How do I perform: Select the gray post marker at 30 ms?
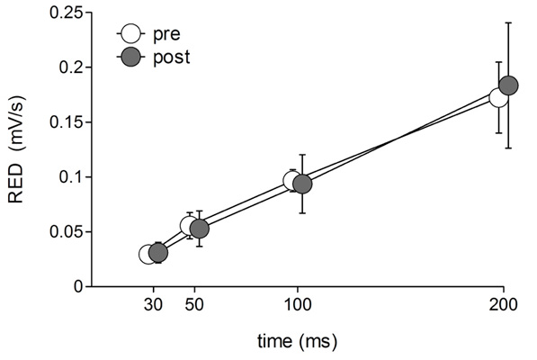(x=158, y=253)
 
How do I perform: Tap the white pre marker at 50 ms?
(x=190, y=226)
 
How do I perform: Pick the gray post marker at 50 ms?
(x=200, y=229)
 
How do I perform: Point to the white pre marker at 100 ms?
(x=293, y=181)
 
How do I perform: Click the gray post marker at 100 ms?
(x=303, y=184)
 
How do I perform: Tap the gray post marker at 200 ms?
(x=508, y=85)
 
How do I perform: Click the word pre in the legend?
(x=167, y=35)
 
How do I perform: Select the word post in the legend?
(x=172, y=57)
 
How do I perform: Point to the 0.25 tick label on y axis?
(x=66, y=13)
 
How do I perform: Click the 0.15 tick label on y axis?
(x=66, y=122)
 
